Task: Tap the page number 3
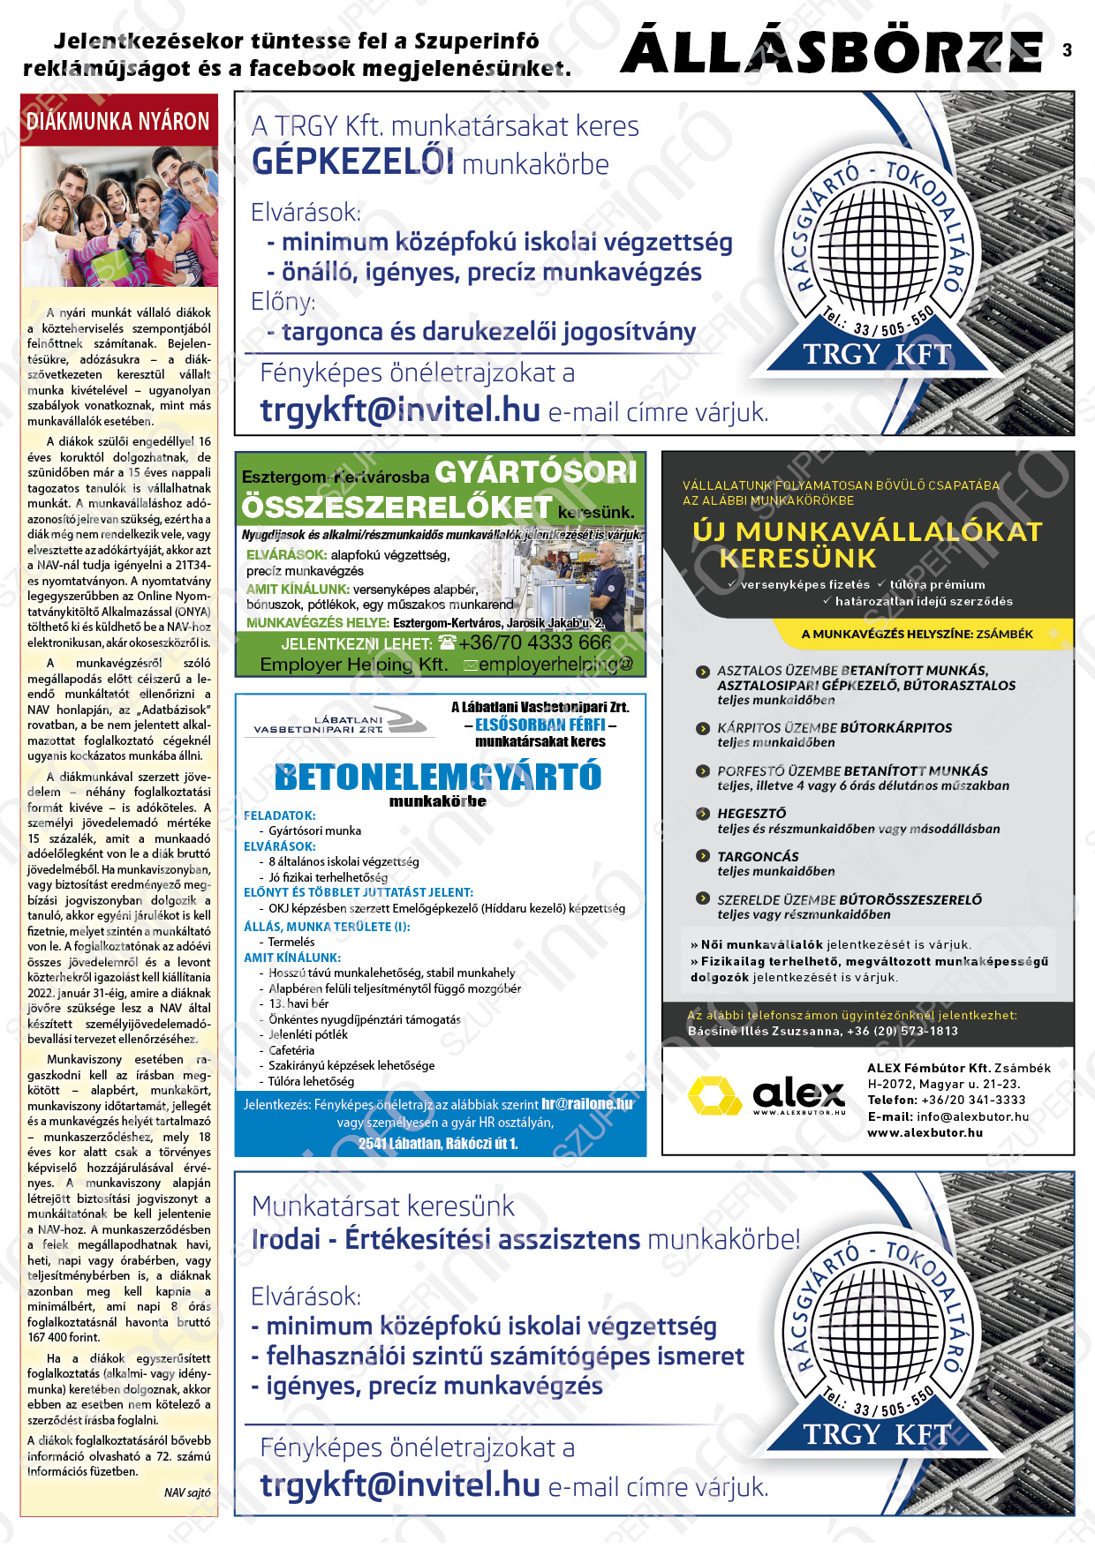(x=1067, y=50)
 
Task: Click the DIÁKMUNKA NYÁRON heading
(x=118, y=122)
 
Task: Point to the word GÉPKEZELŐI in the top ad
(x=353, y=162)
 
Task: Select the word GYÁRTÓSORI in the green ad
(x=536, y=472)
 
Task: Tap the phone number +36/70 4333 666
(x=534, y=642)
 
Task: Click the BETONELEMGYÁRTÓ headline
(x=438, y=777)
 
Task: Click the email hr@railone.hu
(x=586, y=1104)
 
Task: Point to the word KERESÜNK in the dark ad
(x=797, y=558)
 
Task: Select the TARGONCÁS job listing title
(x=758, y=856)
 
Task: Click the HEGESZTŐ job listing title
(x=751, y=813)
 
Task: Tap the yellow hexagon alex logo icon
(x=714, y=1095)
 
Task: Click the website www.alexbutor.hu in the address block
(x=925, y=1132)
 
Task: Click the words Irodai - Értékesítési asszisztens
(x=447, y=1239)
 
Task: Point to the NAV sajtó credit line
(x=187, y=1492)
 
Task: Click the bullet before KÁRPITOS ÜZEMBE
(x=703, y=728)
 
